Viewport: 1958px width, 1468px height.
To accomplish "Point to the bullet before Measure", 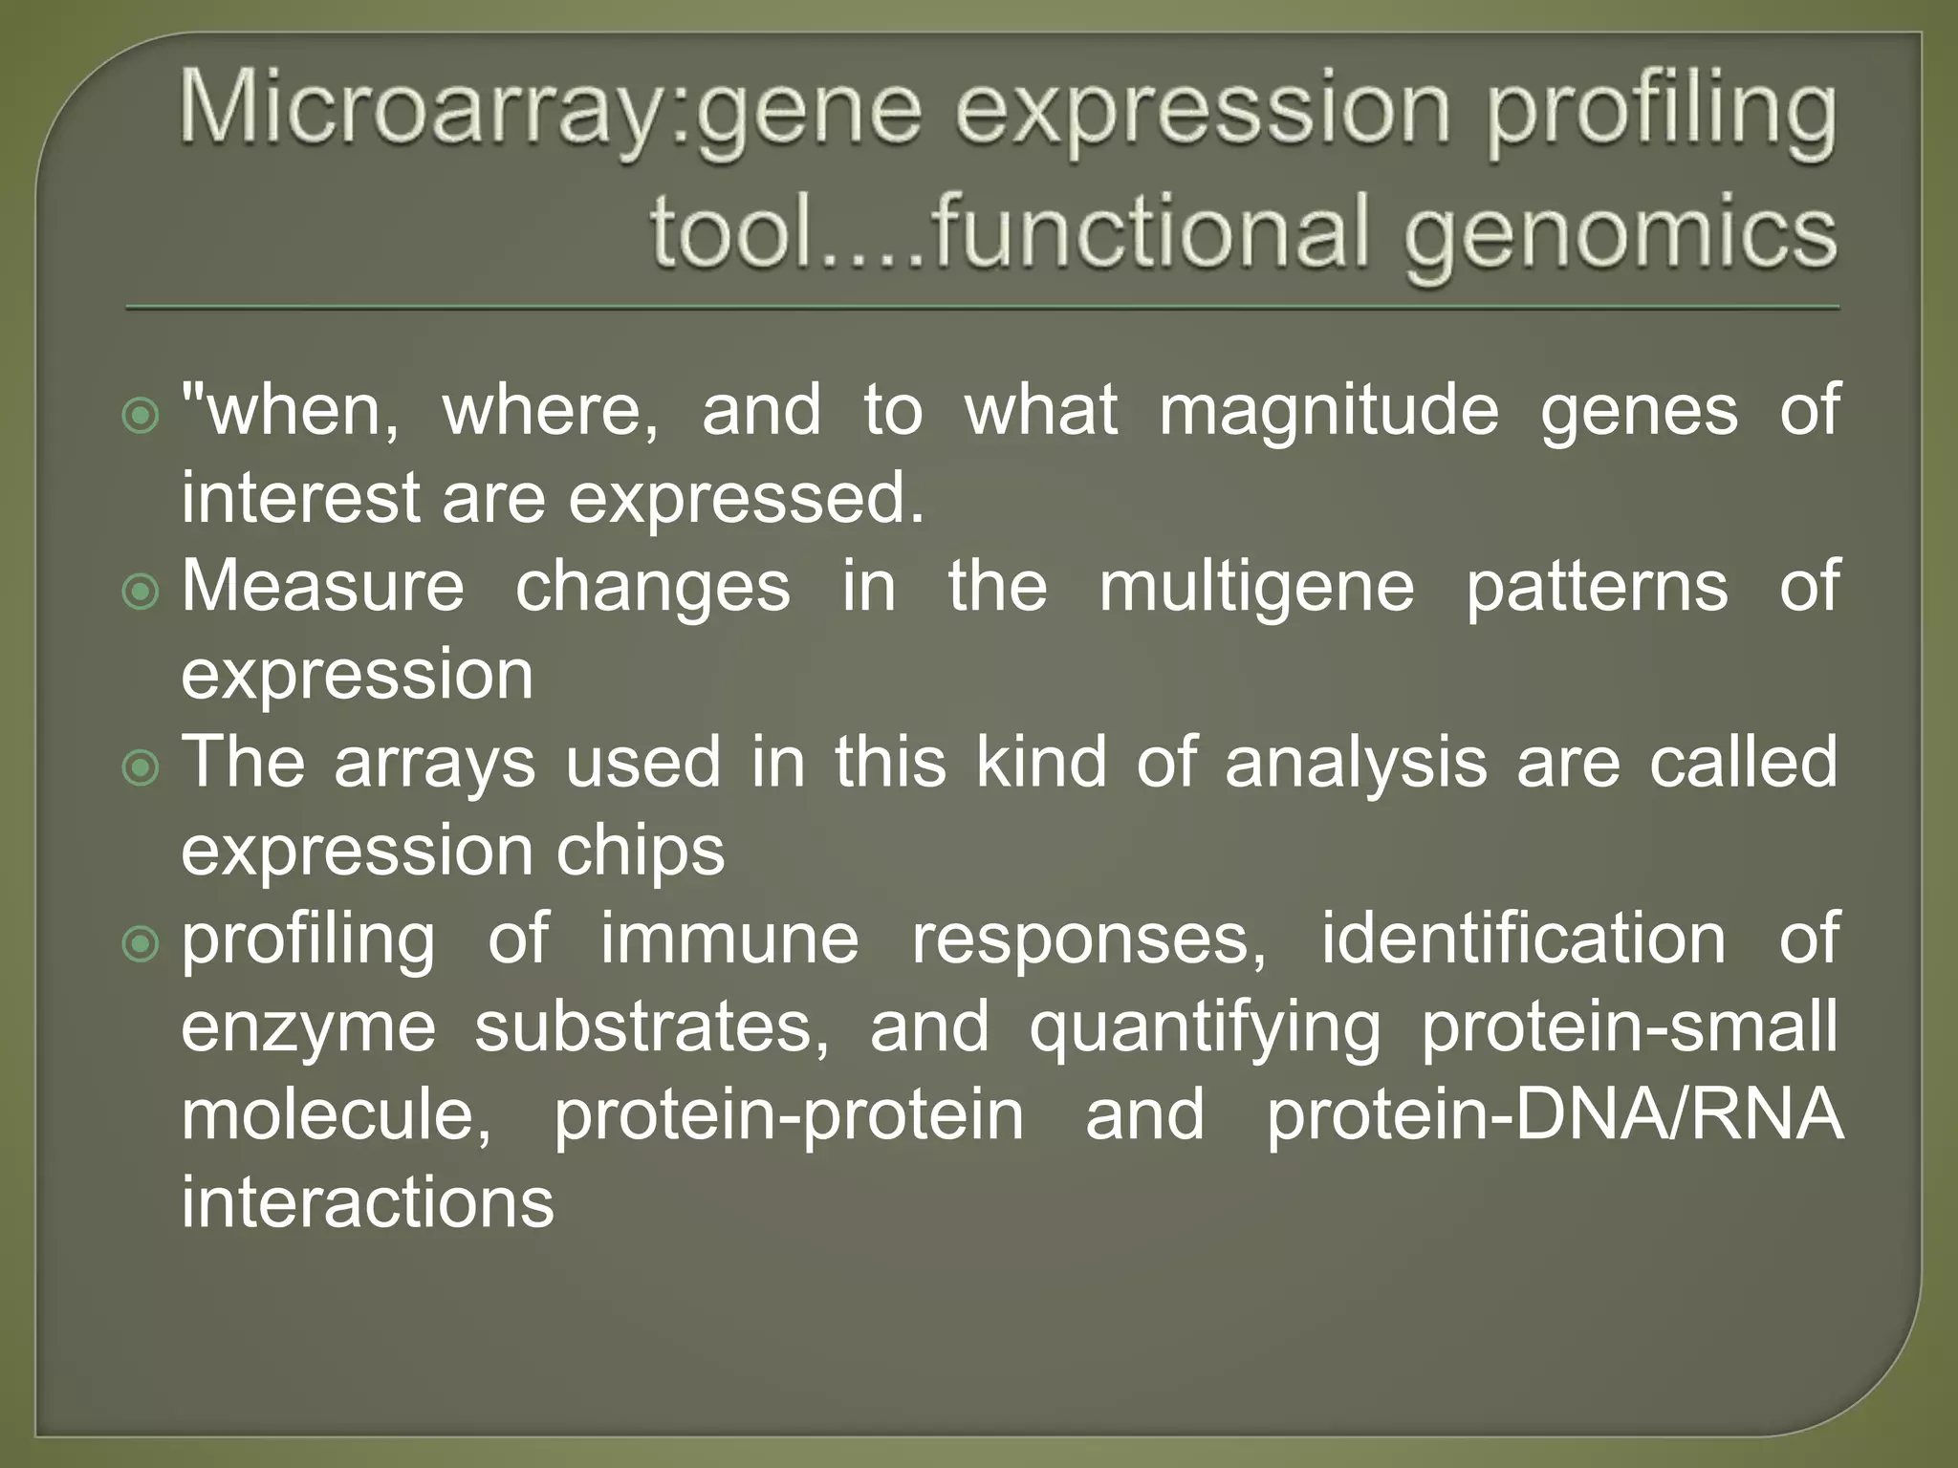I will click(141, 592).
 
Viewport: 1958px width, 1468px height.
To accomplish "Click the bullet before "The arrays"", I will click(141, 767).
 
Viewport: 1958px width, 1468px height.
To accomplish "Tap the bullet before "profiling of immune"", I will click(141, 944).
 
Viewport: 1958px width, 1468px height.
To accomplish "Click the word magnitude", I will click(1329, 412).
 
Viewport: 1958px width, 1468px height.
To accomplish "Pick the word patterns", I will click(1598, 588).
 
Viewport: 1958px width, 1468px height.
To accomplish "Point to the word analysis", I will click(1356, 764).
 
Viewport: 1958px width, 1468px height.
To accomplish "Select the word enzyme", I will click(308, 1028).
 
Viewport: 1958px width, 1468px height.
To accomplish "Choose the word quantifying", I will click(1205, 1028).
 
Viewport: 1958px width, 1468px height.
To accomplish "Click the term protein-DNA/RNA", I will click(1554, 1115).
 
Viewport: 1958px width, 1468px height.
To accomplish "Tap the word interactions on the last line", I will click(368, 1203).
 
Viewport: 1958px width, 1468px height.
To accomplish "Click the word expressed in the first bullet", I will click(747, 500).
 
